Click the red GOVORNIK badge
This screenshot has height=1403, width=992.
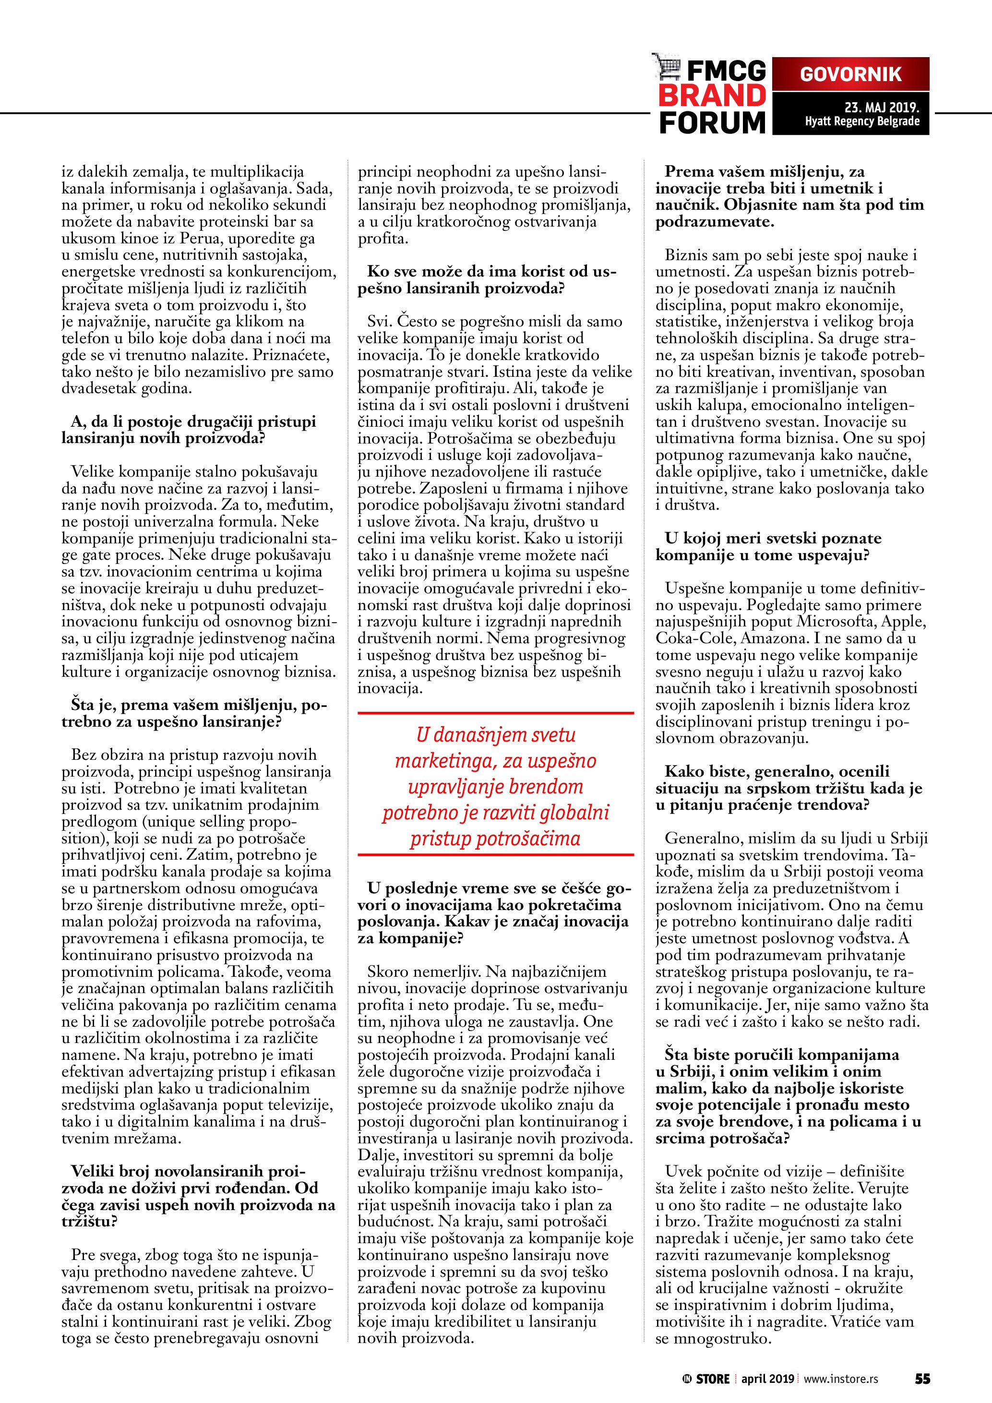(x=850, y=74)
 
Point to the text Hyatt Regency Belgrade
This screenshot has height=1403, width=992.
(x=862, y=121)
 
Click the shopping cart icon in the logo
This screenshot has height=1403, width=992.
(x=666, y=66)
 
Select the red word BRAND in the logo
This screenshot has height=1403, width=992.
(x=712, y=96)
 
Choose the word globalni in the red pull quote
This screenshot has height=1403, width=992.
(x=574, y=813)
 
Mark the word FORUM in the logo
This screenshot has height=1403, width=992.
(x=712, y=123)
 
